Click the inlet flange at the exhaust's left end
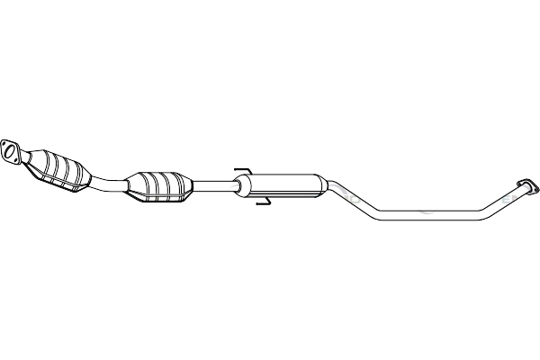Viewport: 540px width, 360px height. [x=12, y=154]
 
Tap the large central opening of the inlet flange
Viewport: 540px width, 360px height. [x=12, y=154]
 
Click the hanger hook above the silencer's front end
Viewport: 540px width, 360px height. [x=241, y=172]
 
